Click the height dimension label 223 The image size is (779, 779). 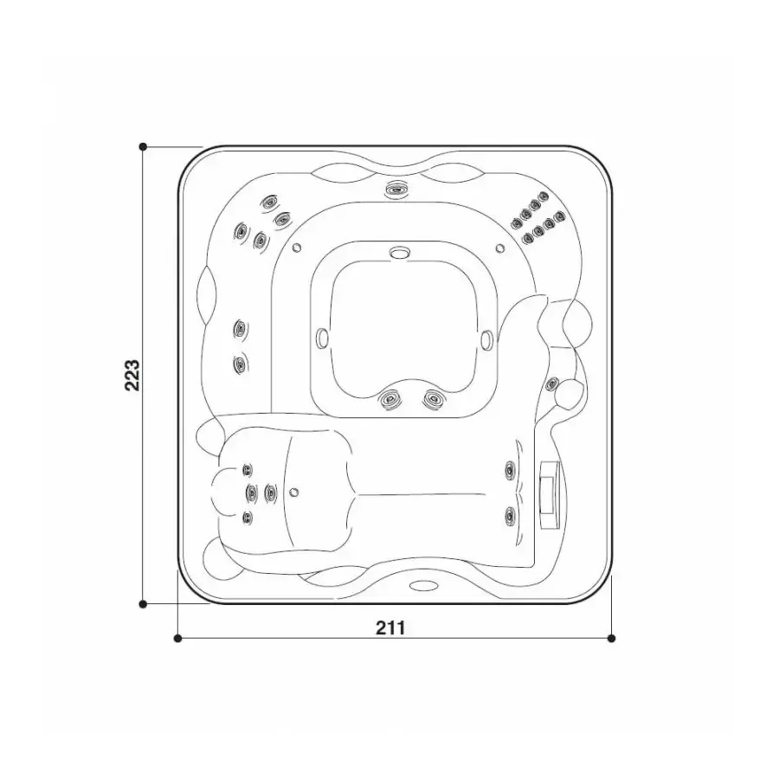coord(132,375)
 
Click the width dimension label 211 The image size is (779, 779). coord(390,628)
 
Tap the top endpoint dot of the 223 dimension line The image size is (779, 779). coord(143,146)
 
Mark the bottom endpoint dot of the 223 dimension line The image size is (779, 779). coord(143,604)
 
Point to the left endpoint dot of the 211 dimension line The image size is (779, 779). coord(177,639)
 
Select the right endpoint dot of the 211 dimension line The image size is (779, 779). coord(612,639)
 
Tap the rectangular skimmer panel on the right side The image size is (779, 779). coord(550,494)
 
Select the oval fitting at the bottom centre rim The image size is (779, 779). coord(424,586)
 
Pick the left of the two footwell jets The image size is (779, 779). coord(390,399)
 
